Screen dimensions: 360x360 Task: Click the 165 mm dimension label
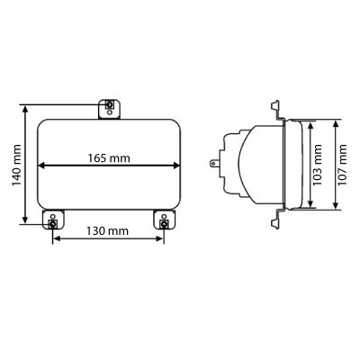pos(109,158)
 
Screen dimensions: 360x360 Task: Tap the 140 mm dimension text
pos(16,166)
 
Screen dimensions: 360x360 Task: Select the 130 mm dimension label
pos(107,231)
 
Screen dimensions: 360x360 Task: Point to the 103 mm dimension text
pos(317,165)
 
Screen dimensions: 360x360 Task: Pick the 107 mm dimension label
pos(342,165)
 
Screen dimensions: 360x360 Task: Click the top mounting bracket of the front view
pos(110,109)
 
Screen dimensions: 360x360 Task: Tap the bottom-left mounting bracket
pos(53,220)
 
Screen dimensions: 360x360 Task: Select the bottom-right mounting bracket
pos(164,220)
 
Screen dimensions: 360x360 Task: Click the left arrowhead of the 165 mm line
pos(41,166)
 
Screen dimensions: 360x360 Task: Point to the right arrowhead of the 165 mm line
pos(176,166)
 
